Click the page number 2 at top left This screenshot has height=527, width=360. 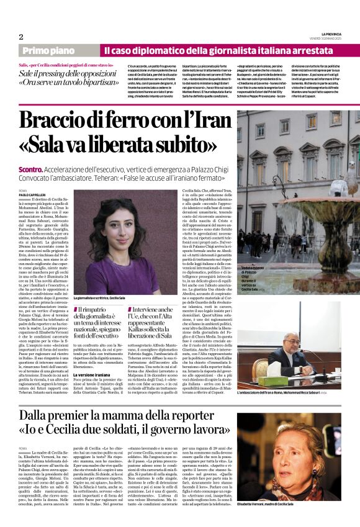coord(20,36)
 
